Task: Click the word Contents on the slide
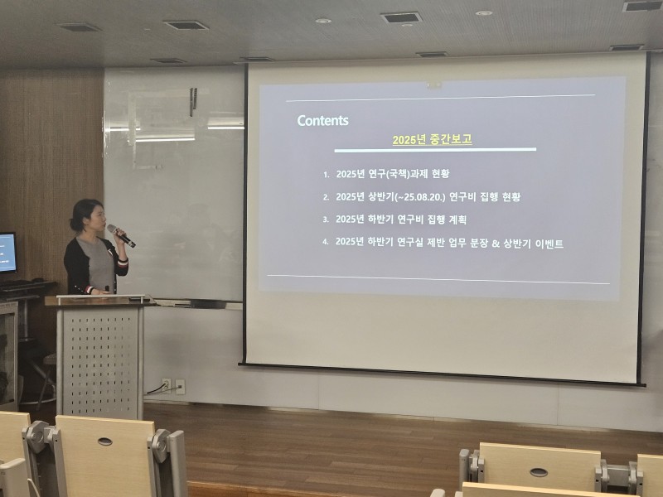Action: tap(322, 120)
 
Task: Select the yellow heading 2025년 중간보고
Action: tap(432, 139)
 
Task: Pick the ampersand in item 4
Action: tap(496, 244)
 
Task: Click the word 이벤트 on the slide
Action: tap(549, 244)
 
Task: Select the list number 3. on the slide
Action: tap(326, 220)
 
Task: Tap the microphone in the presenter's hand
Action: tap(121, 235)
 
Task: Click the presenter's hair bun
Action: tap(74, 224)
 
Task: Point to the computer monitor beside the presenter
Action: tap(7, 253)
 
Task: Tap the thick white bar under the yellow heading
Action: tap(435, 150)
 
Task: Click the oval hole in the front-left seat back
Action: tap(105, 442)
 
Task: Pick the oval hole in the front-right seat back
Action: tap(539, 472)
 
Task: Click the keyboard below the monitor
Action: tap(22, 284)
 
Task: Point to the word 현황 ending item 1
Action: tap(441, 174)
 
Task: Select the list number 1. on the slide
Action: tap(326, 175)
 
